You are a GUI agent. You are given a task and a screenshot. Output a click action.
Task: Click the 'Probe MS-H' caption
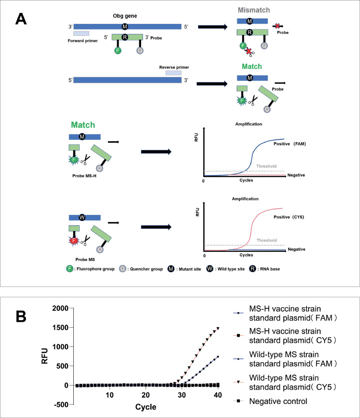tap(81, 177)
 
